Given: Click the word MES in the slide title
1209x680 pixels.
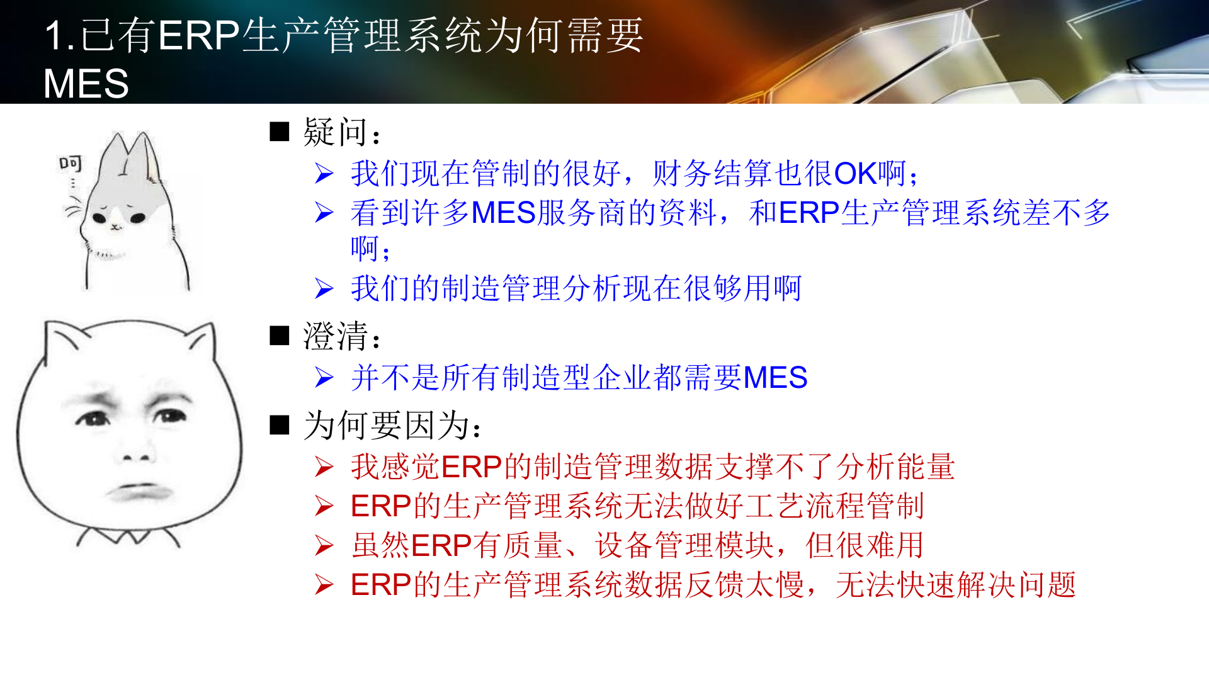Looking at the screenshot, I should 86,84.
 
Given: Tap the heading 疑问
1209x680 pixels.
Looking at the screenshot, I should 334,132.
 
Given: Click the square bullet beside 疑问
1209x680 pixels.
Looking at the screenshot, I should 279,132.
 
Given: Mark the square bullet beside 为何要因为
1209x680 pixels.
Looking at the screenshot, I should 279,426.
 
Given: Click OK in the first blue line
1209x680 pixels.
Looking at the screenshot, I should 855,174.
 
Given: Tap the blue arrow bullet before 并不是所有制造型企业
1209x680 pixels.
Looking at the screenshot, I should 324,378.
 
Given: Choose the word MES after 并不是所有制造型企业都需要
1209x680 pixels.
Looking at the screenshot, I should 775,378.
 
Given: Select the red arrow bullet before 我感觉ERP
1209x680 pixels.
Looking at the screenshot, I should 324,467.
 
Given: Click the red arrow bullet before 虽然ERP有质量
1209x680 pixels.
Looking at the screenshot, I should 324,545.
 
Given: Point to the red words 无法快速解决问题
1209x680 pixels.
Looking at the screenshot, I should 955,585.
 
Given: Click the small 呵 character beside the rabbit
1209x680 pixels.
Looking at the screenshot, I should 71,164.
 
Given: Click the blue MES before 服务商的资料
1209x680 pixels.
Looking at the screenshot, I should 503,213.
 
